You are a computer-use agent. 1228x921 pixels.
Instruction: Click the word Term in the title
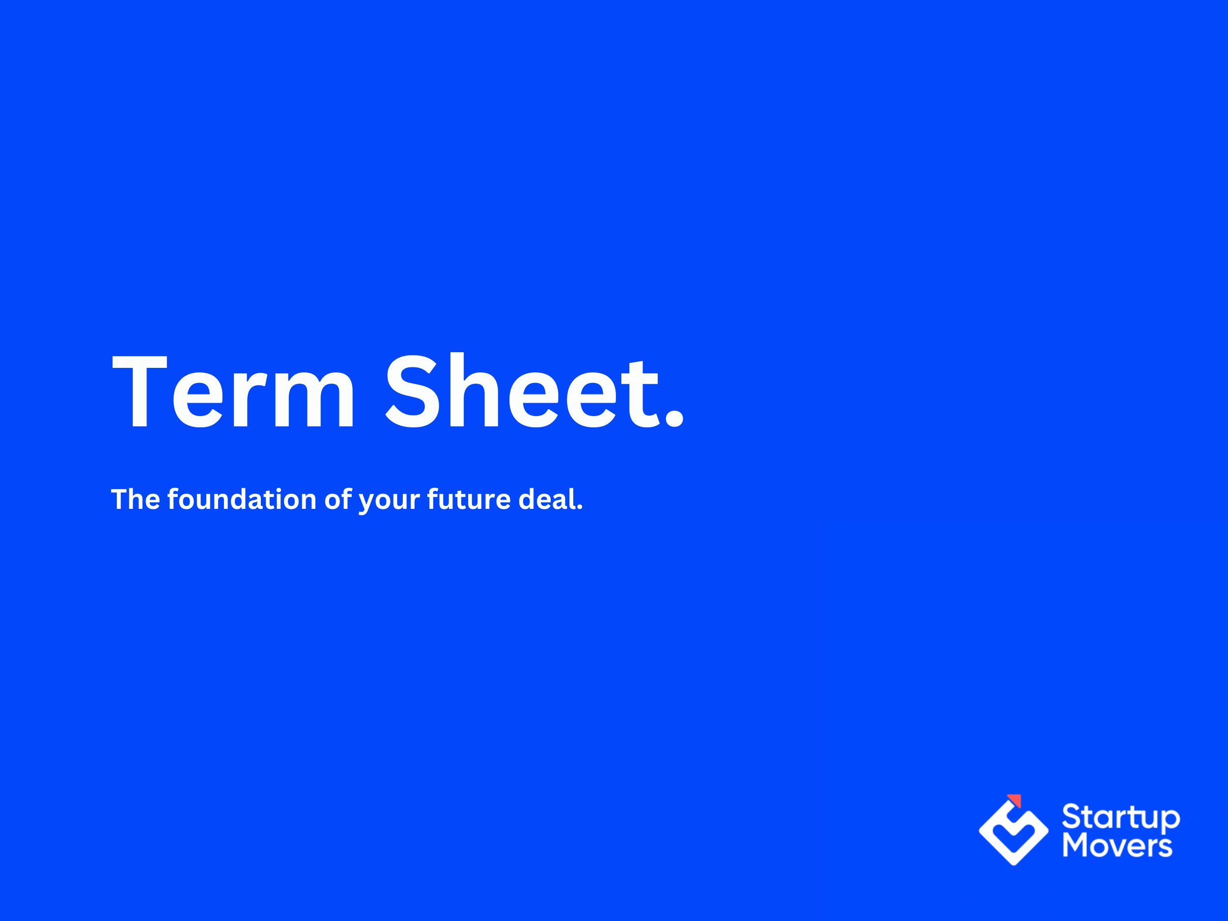click(x=233, y=391)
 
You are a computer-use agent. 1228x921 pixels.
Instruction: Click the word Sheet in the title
click(x=522, y=391)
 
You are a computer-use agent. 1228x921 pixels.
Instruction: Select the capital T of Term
click(x=140, y=391)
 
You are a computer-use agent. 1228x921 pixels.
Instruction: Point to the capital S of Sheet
click(x=413, y=391)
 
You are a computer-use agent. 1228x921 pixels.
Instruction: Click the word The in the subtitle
click(x=136, y=499)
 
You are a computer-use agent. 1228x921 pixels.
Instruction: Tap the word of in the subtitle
click(x=337, y=499)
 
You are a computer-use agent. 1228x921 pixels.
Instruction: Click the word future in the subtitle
click(x=469, y=499)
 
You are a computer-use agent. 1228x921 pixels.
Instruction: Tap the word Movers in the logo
click(x=1117, y=846)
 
